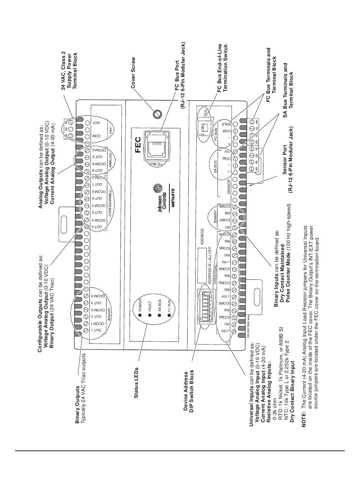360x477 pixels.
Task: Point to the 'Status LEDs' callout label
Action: click(x=136, y=383)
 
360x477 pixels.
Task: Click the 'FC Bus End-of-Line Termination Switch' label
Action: click(x=222, y=68)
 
